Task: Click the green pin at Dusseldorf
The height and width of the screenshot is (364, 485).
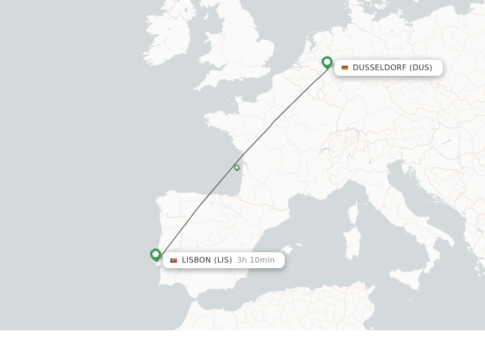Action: pos(327,62)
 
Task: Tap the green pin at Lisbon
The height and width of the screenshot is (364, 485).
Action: pos(155,255)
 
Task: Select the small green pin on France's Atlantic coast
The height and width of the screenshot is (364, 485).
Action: pos(237,167)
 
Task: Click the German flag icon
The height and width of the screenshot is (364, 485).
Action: pos(345,68)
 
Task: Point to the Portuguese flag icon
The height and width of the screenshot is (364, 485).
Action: pos(173,260)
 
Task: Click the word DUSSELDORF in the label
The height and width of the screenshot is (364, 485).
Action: pos(379,68)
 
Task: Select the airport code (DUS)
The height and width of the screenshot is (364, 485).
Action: pos(421,68)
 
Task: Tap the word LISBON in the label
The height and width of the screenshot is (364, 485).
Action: pos(197,260)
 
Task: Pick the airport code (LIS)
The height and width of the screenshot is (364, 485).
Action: pos(223,260)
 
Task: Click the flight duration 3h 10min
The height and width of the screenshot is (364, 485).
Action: pos(256,260)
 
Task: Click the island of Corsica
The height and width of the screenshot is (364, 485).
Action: pos(353,213)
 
